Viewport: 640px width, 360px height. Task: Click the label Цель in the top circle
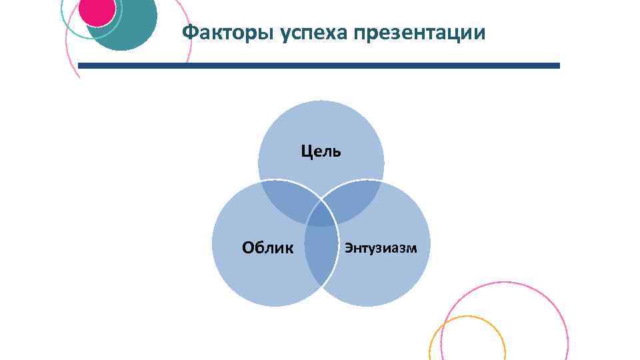click(x=321, y=151)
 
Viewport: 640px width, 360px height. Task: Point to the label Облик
click(x=267, y=248)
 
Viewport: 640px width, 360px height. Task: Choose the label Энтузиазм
click(x=381, y=249)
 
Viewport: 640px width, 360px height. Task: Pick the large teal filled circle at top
click(x=133, y=30)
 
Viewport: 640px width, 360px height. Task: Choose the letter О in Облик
click(x=248, y=248)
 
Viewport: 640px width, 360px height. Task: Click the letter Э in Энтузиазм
click(x=348, y=249)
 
